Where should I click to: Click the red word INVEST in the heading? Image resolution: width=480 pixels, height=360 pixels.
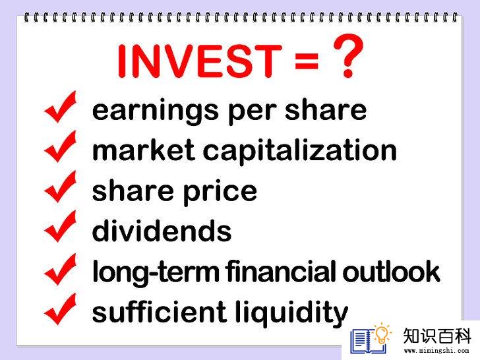199,61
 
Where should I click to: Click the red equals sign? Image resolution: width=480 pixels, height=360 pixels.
307,61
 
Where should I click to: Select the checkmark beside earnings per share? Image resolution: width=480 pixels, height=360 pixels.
60,107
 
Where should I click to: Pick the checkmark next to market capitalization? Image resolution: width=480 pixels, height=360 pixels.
60,146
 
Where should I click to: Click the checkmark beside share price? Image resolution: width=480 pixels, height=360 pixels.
60,187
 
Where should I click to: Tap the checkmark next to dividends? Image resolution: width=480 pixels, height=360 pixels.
60,227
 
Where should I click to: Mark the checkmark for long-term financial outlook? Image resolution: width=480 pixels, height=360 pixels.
60,270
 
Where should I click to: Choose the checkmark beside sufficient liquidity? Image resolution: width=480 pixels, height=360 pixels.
60,309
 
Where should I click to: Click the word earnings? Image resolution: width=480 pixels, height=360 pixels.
155,112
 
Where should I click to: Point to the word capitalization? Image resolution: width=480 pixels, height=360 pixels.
300,150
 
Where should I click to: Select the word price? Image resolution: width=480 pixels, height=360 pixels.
220,193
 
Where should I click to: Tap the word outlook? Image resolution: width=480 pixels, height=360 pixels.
391,270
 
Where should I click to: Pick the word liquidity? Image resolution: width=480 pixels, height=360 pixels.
291,313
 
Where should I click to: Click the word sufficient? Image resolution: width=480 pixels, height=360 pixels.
159,311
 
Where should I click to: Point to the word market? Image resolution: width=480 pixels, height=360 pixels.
143,150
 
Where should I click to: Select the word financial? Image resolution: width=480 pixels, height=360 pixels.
282,270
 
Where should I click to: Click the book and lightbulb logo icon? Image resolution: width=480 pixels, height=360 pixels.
371,339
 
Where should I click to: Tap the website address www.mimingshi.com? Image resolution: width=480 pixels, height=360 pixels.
436,350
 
